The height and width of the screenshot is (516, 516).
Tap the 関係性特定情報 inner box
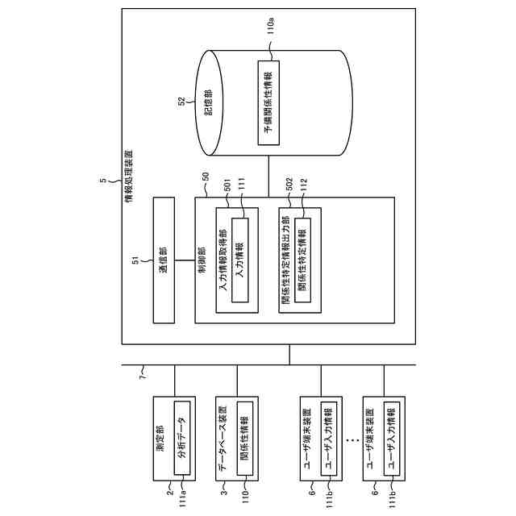tap(302, 260)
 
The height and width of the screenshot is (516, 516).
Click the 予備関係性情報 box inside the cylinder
tap(268, 103)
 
